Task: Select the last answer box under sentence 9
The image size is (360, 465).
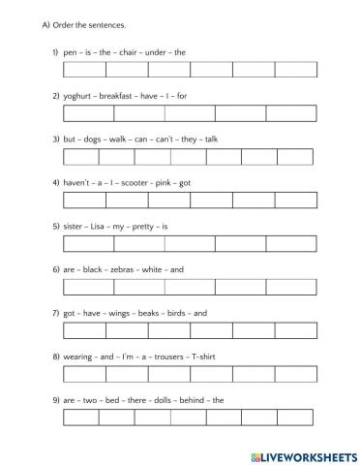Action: [x=295, y=418]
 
